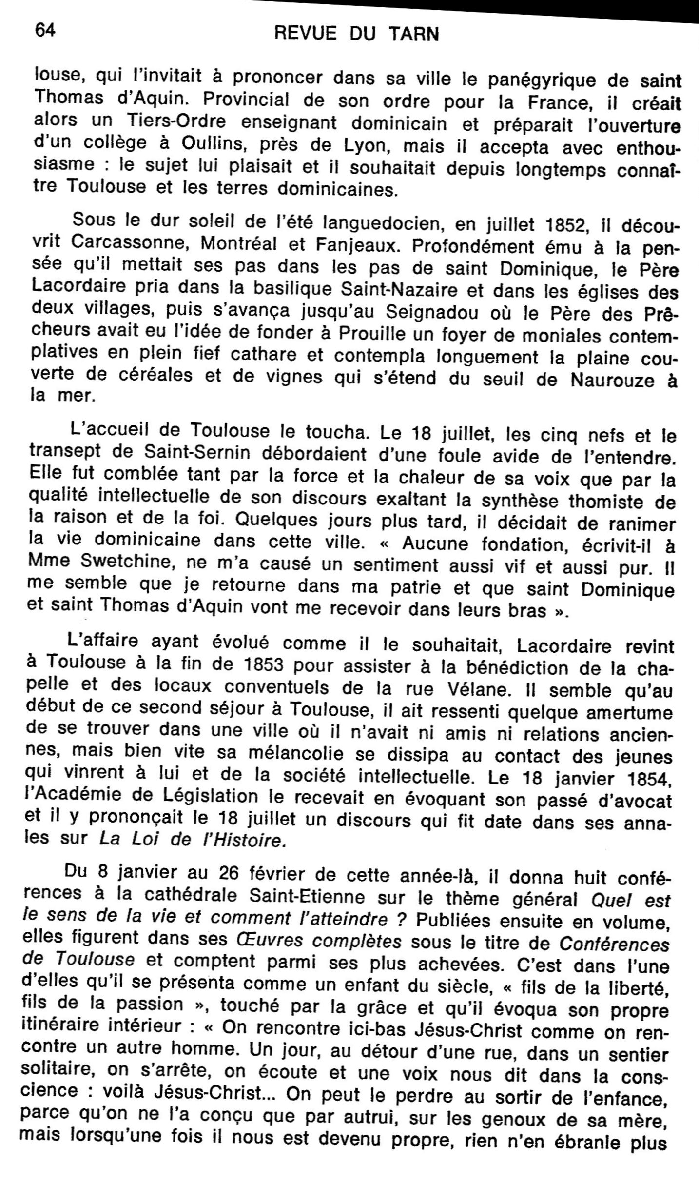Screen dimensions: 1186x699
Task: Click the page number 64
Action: pyautogui.click(x=45, y=31)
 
